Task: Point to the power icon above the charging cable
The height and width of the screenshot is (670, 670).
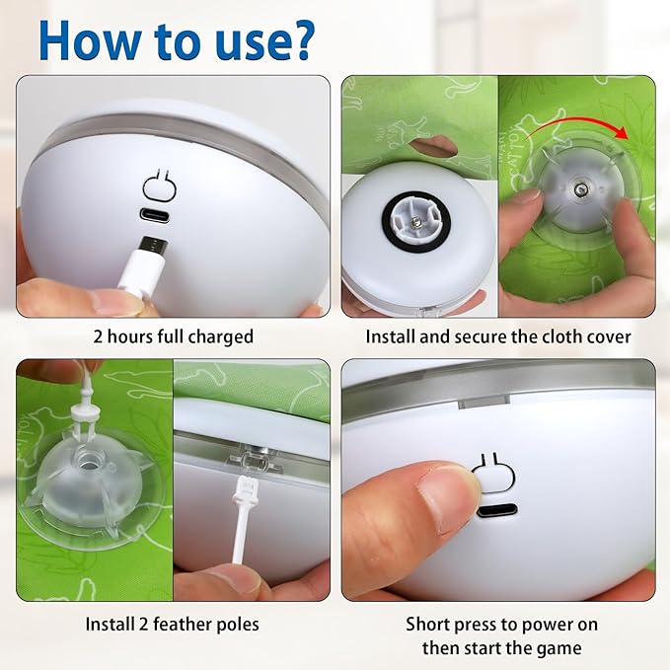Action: click(158, 185)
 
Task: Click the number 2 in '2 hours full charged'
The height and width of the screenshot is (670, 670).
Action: click(98, 336)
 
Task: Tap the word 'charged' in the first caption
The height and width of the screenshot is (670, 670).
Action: click(219, 336)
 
